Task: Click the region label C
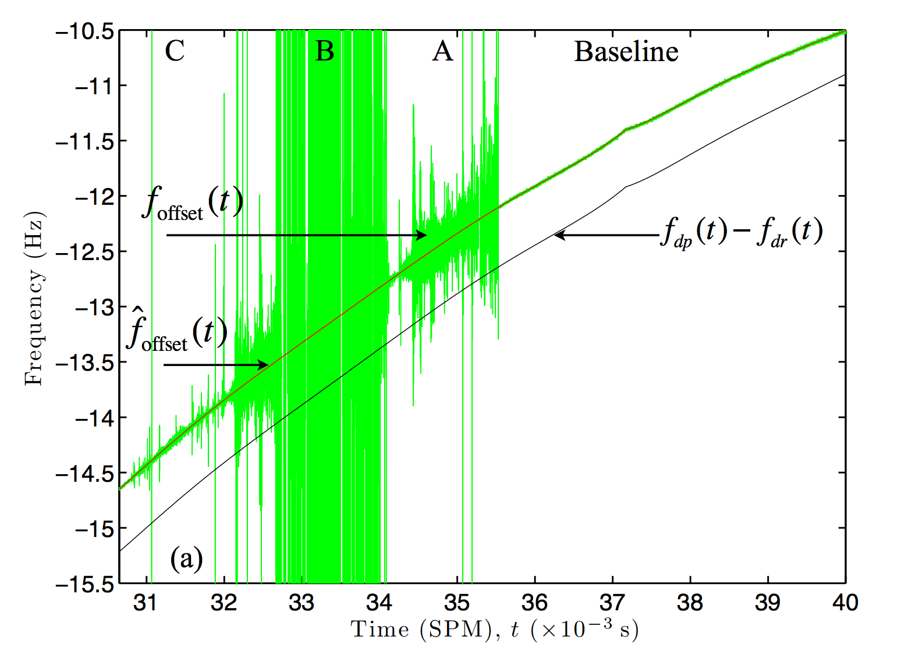pyautogui.click(x=175, y=51)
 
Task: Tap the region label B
pyautogui.click(x=325, y=51)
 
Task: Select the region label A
pyautogui.click(x=442, y=51)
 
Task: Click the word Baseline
pyautogui.click(x=626, y=52)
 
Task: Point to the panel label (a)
pyautogui.click(x=186, y=559)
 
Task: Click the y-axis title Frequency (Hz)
pyautogui.click(x=34, y=298)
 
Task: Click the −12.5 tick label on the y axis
pyautogui.click(x=85, y=252)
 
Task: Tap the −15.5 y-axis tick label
pyautogui.click(x=85, y=584)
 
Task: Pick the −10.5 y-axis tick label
pyautogui.click(x=85, y=31)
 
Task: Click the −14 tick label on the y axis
pyautogui.click(x=93, y=418)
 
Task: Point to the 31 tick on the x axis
pyautogui.click(x=146, y=603)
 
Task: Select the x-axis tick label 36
pyautogui.click(x=534, y=603)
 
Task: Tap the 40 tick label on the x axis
pyautogui.click(x=845, y=603)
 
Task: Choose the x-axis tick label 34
pyautogui.click(x=379, y=603)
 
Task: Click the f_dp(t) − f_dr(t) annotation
pyautogui.click(x=741, y=232)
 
